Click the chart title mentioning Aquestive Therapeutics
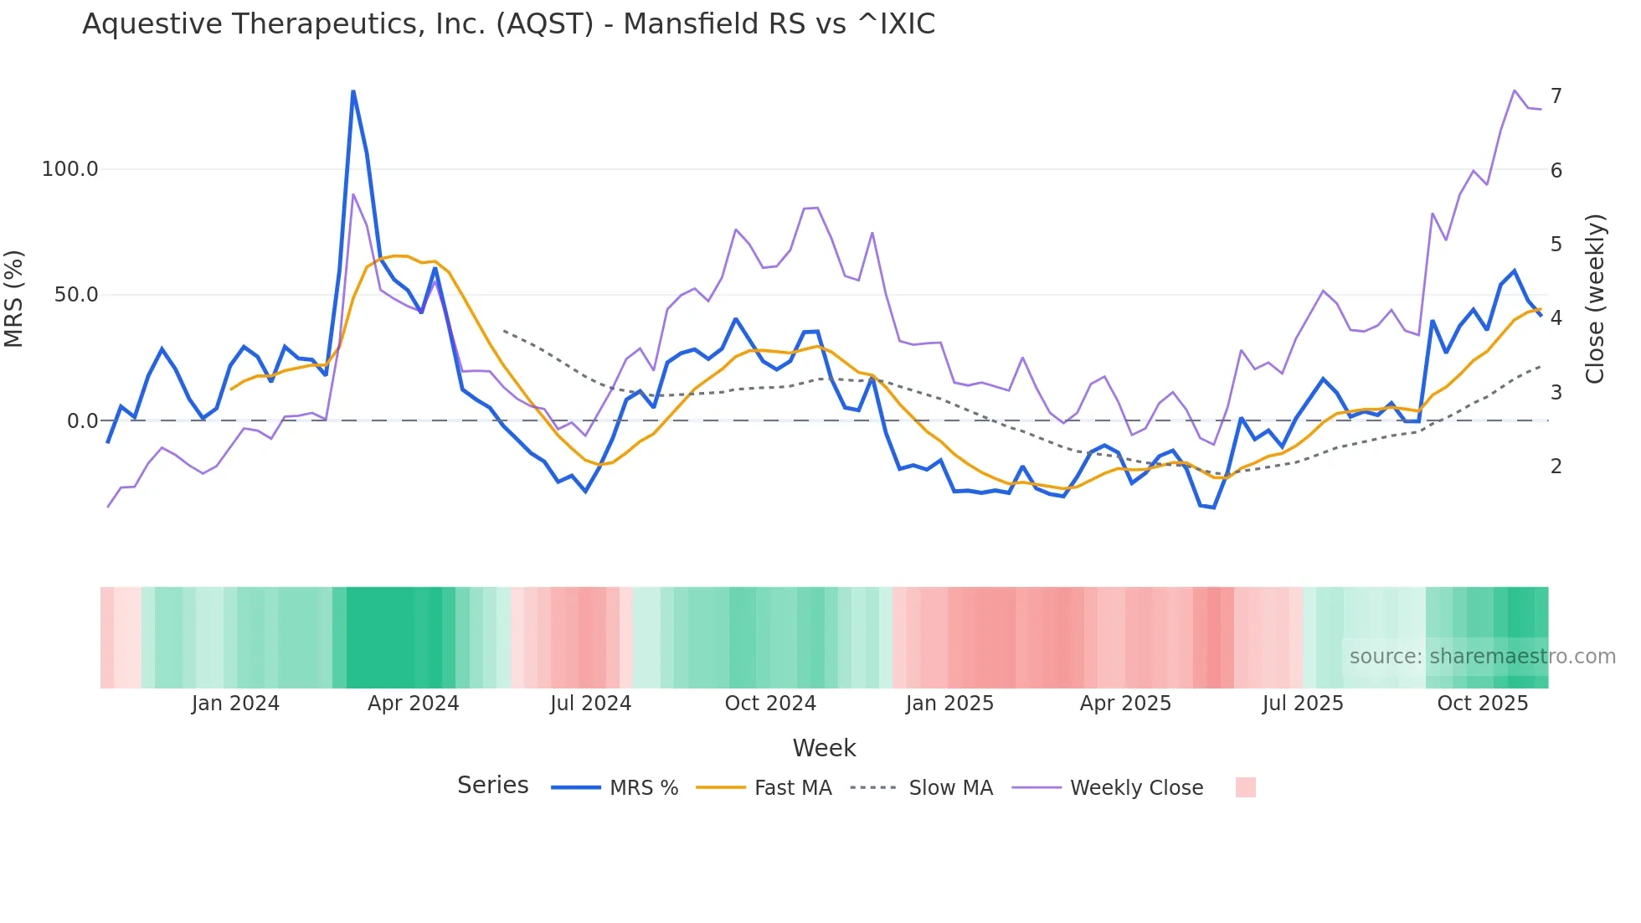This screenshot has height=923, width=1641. pos(508,24)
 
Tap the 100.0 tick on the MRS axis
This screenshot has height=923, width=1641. pos(69,169)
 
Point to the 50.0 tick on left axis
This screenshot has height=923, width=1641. pos(76,295)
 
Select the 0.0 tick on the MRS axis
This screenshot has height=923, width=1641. pos(82,420)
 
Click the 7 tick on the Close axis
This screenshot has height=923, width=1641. pos(1556,96)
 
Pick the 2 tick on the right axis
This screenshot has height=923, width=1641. pos(1556,466)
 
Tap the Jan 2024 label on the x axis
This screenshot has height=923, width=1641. pos(235,704)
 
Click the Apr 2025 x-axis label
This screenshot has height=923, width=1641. pos(1125,704)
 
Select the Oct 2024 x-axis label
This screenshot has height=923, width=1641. pos(770,704)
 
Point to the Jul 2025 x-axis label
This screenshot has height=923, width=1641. pos(1303,704)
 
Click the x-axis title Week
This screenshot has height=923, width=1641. pos(824,748)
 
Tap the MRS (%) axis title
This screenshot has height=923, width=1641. pos(14,298)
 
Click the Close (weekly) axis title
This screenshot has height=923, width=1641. pos(1595,298)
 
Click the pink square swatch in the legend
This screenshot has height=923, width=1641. pos(1245,787)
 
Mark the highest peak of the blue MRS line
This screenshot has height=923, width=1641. pos(353,91)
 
